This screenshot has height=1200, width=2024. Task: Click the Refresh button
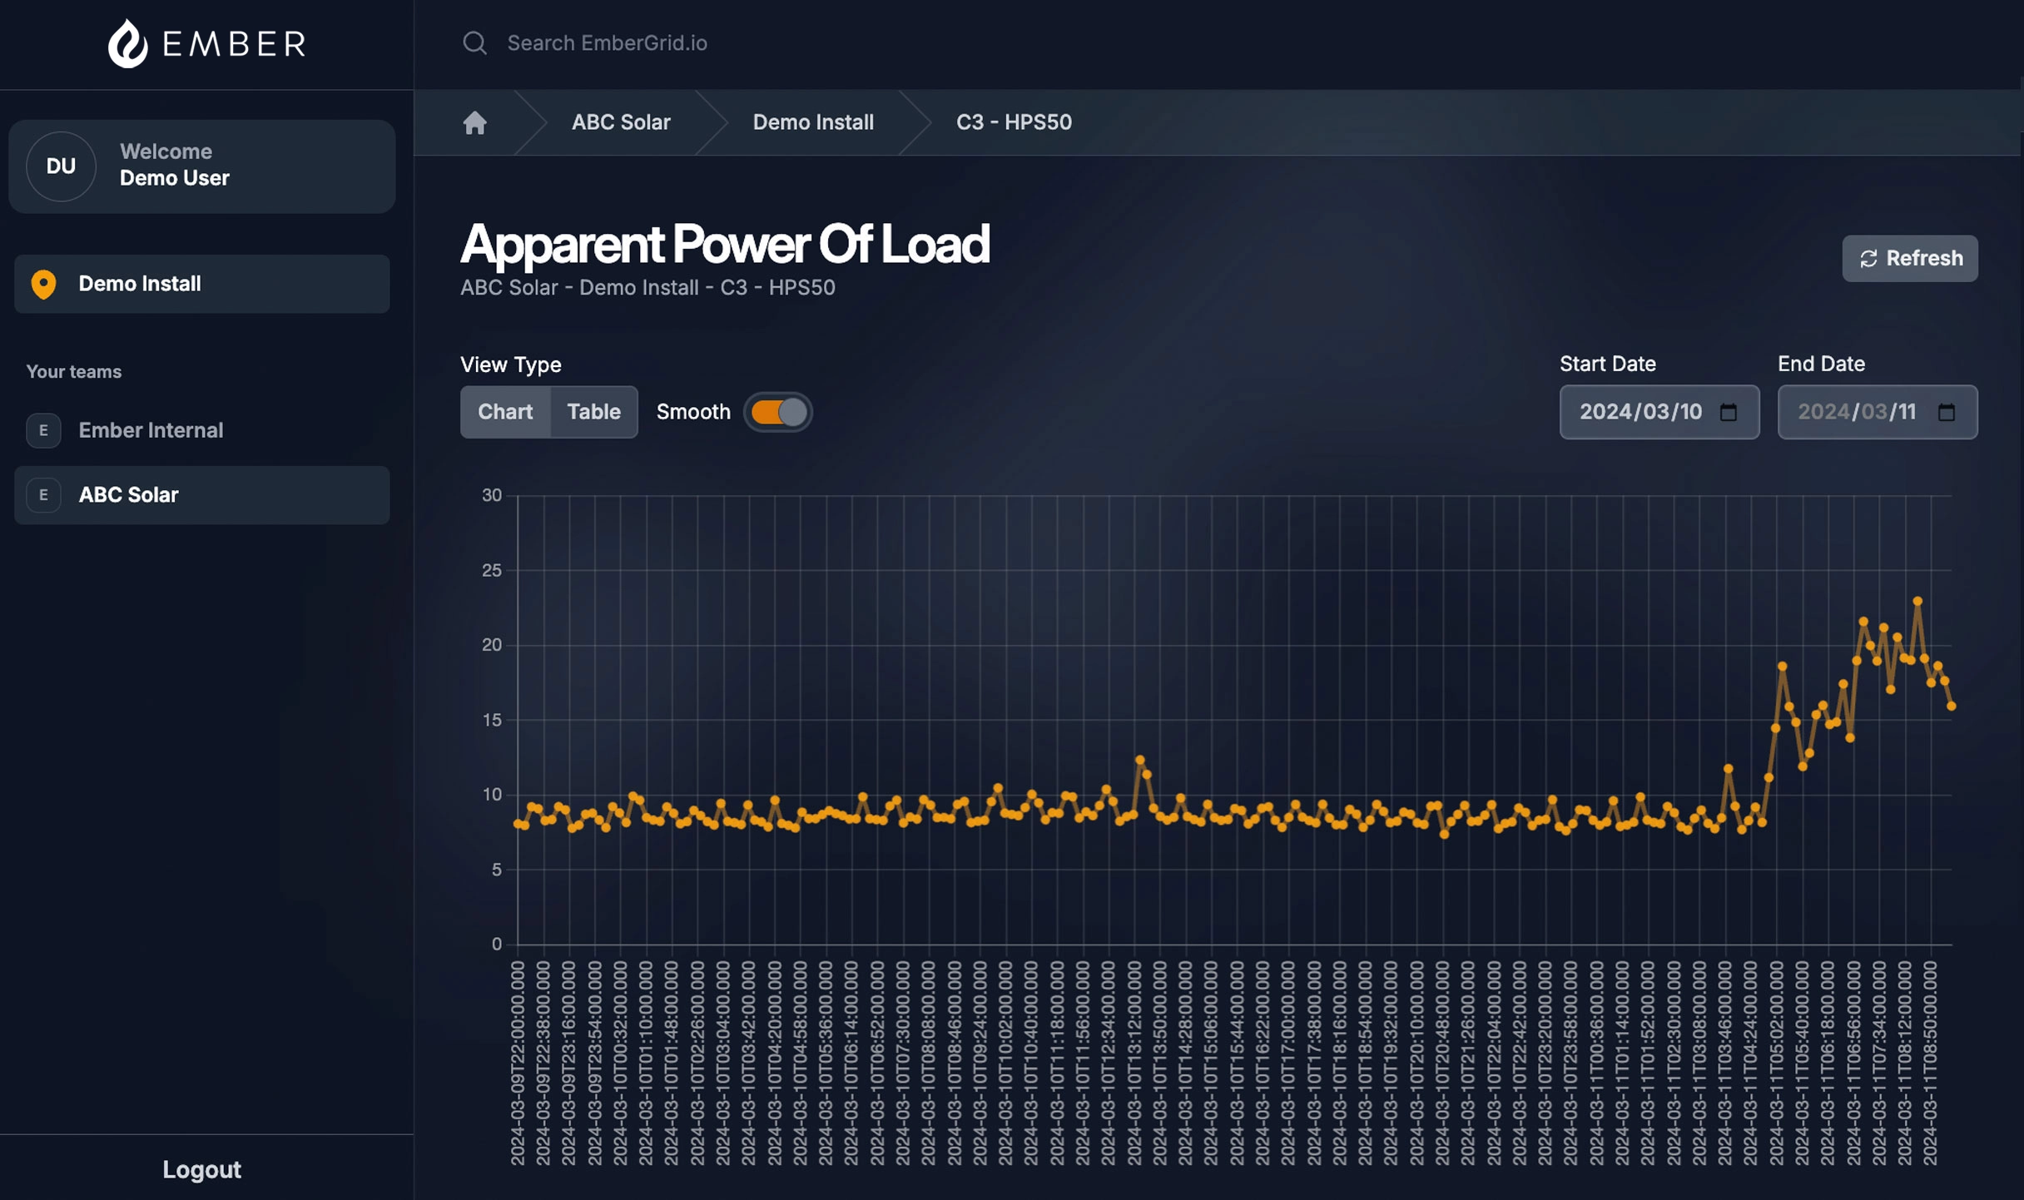pos(1909,259)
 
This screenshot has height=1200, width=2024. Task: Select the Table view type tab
pos(593,412)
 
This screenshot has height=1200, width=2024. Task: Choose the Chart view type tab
pos(505,412)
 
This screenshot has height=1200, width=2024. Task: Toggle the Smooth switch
pos(778,413)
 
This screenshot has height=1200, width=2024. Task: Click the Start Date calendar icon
pos(1729,413)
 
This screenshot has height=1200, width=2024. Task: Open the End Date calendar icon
pos(1947,413)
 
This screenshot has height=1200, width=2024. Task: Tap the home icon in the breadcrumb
pos(474,123)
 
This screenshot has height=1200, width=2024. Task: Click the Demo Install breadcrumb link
pos(812,122)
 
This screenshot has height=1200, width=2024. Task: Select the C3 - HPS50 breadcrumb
pos(1013,122)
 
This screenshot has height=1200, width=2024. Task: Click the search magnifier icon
pos(474,43)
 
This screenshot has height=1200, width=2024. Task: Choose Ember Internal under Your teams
pos(151,430)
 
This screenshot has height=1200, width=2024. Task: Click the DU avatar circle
pos(61,166)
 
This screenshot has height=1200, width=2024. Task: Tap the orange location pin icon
pos(43,285)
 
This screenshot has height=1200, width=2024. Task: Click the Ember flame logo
pos(128,43)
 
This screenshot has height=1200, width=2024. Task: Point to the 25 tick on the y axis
pos(492,571)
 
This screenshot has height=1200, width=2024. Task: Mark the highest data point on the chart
pos(1917,601)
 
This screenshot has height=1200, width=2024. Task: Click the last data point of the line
pos(1952,707)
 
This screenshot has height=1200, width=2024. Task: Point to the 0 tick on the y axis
pos(497,945)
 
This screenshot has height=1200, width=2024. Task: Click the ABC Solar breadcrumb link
pos(620,122)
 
